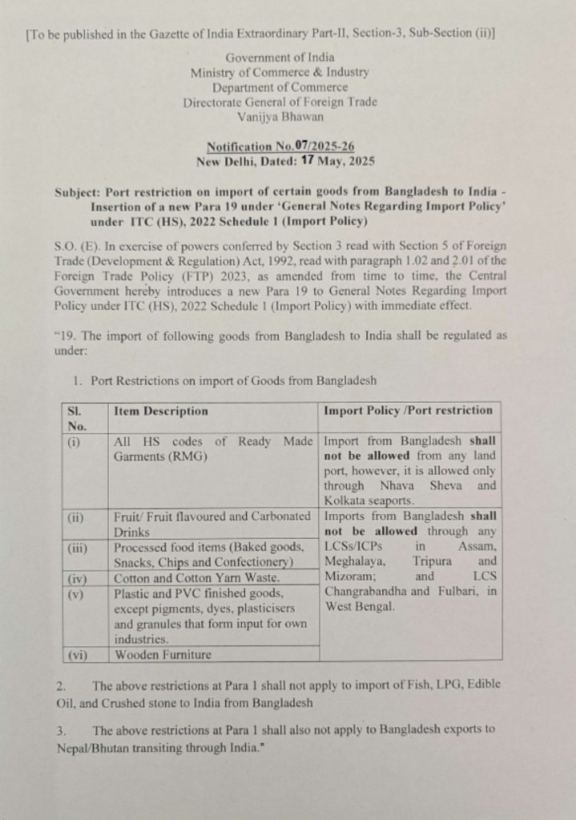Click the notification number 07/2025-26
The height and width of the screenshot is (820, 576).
tap(324, 147)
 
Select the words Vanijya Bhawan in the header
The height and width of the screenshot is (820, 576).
tap(280, 116)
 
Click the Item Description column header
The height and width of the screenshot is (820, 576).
tap(161, 411)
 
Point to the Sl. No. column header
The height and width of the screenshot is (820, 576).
tap(78, 418)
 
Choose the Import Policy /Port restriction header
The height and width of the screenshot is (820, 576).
tap(408, 410)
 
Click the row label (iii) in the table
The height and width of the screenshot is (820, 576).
tap(79, 548)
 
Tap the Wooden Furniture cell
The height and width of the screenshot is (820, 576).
tap(163, 654)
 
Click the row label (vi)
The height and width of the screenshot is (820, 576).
tap(79, 654)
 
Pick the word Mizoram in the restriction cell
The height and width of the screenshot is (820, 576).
tap(349, 577)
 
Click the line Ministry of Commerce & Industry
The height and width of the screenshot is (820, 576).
tap(280, 72)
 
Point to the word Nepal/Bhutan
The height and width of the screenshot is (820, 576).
tap(99, 746)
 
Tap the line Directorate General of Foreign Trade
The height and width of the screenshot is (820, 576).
tap(280, 102)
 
